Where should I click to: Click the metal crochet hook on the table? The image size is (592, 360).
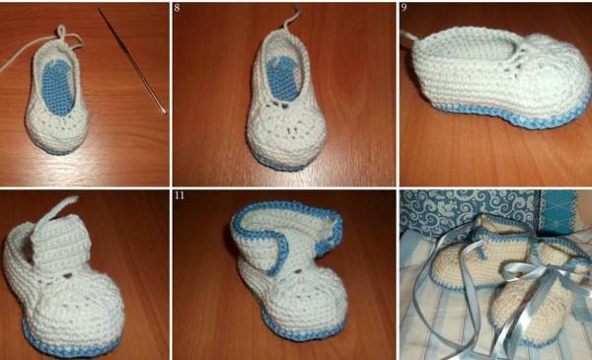(132, 60)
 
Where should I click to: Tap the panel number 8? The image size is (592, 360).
(177, 8)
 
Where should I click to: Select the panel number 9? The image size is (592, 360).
(405, 7)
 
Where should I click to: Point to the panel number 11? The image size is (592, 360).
(180, 195)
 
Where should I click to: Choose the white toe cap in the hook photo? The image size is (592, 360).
(56, 128)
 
